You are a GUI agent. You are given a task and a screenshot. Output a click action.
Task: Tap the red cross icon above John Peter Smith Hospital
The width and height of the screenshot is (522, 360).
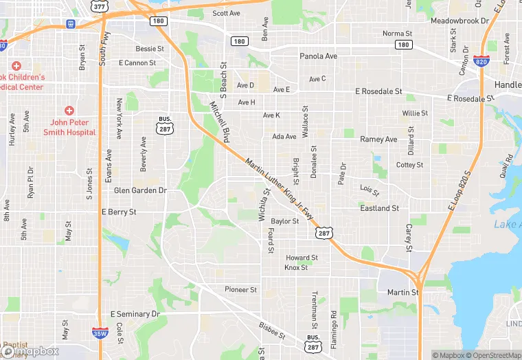[69, 111]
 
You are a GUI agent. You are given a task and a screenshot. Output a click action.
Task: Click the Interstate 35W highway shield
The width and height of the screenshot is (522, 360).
[99, 333]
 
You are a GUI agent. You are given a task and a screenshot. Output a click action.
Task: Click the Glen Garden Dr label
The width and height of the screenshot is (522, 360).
[140, 190]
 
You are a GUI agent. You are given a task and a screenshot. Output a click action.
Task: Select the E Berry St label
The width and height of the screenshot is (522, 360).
[119, 212]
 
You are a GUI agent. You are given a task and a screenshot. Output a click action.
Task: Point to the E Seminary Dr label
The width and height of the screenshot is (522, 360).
[135, 314]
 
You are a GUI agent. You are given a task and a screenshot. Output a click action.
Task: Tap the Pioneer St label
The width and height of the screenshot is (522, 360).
[240, 290]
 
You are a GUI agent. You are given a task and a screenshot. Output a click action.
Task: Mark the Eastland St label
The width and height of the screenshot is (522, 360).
[380, 208]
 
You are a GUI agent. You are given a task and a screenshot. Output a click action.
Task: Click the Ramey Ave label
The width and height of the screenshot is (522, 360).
[378, 139]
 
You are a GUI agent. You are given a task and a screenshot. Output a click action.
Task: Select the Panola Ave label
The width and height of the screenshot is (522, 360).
[318, 56]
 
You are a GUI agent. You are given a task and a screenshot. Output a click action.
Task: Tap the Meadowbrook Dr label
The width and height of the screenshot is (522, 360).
[459, 21]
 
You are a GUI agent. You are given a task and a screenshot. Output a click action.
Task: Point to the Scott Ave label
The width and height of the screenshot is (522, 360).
[226, 13]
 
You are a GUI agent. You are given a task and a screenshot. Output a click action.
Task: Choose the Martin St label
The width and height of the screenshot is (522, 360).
[402, 293]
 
